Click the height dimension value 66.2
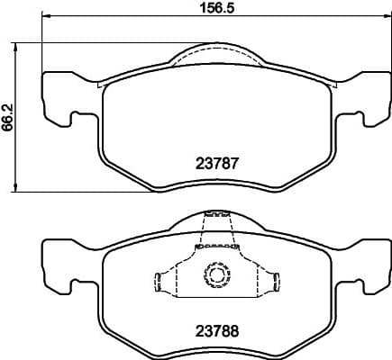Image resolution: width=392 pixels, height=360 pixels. point(8,116)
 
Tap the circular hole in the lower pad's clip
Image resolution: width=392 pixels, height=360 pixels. point(216,272)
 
